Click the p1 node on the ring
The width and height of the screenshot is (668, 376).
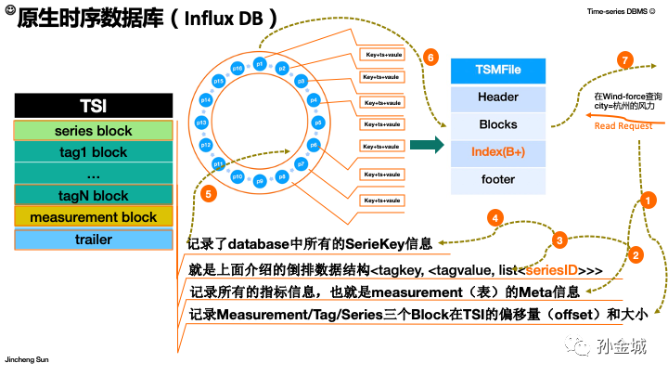260,65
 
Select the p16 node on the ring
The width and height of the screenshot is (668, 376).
238,70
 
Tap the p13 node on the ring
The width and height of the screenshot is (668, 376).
201,123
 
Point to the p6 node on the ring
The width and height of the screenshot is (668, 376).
315,145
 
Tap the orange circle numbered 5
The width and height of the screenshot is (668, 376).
209,194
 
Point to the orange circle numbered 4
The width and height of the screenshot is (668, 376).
496,219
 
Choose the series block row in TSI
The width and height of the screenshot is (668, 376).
94,131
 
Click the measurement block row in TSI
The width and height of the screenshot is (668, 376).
94,217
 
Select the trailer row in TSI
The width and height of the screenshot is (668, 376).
94,240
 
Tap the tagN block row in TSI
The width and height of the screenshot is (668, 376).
94,195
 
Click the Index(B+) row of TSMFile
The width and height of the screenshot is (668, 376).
497,151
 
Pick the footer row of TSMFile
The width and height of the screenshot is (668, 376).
497,179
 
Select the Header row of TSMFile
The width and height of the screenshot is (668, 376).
497,97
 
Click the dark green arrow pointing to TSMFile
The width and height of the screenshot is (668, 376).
424,144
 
